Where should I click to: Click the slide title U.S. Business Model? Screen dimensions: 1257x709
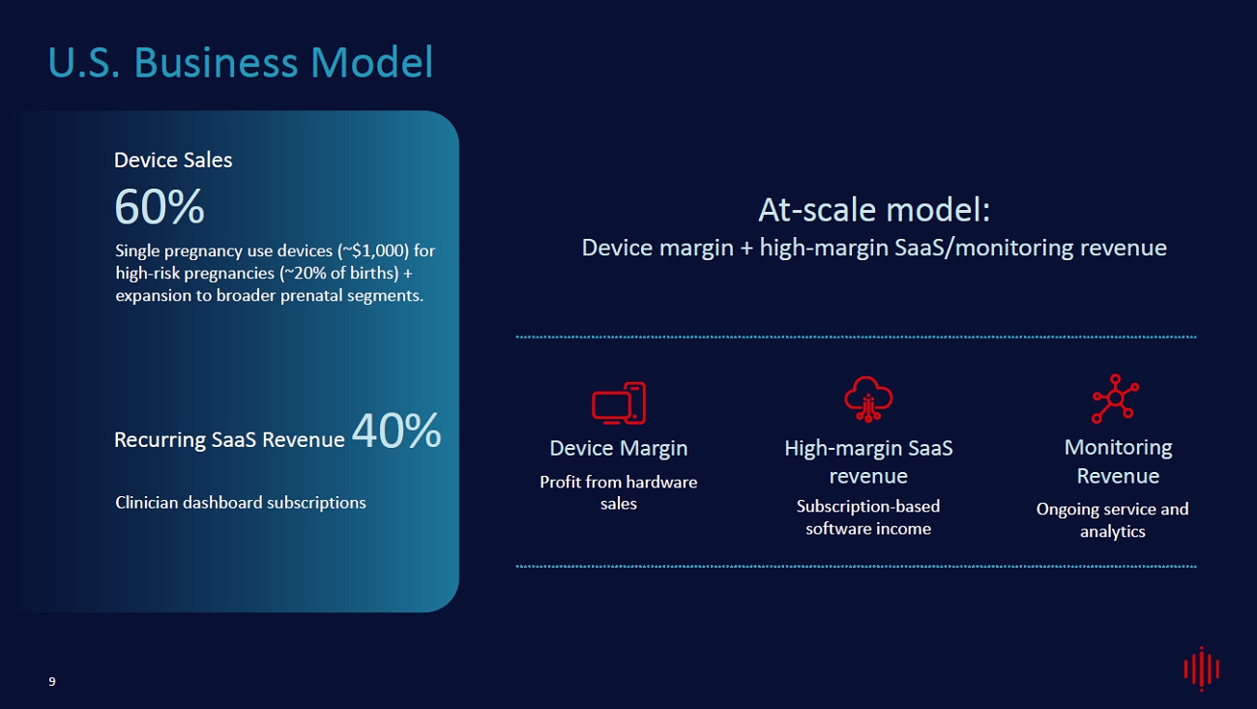240,62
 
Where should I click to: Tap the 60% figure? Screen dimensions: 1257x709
160,207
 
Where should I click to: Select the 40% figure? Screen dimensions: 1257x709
396,430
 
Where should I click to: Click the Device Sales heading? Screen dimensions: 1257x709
173,160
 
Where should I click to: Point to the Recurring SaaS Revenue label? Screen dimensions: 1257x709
229,439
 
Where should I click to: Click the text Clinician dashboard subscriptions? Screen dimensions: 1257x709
240,502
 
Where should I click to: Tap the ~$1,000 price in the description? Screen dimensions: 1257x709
373,251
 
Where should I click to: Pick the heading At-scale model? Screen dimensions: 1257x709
874,209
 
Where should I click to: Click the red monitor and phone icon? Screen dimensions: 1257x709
619,403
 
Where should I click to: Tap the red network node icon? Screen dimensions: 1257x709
1115,398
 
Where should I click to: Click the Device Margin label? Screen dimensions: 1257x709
619,448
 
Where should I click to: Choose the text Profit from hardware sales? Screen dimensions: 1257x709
619,493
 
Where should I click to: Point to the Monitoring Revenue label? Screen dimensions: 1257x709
1118,461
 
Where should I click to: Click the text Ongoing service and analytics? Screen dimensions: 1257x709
1112,519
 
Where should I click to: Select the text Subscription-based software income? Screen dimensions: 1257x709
868,517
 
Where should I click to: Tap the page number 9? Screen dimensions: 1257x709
52,682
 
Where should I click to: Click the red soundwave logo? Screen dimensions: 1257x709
1202,668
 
